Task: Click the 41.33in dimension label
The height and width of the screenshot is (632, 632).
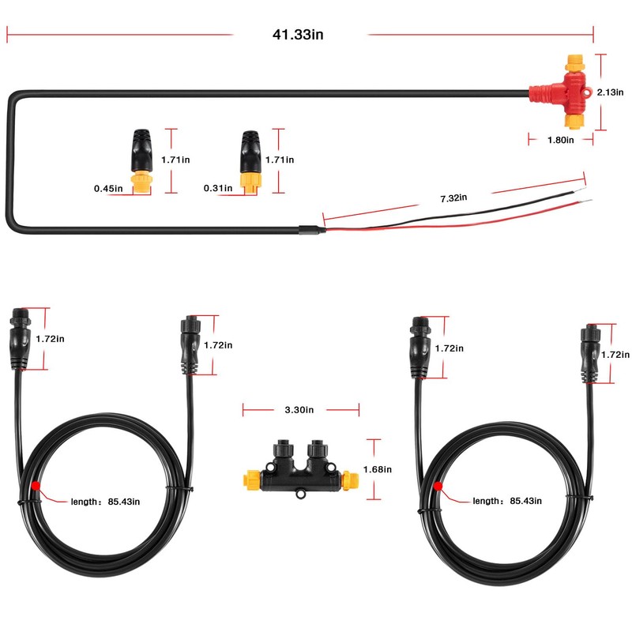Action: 298,34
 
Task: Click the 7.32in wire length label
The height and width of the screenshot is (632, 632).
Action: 453,197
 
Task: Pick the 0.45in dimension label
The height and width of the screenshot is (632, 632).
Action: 108,188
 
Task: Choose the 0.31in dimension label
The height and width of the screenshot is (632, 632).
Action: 217,188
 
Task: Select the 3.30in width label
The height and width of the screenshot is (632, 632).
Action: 299,410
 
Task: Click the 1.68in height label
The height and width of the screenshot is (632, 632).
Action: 377,469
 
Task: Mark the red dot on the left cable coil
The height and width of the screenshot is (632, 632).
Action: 36,486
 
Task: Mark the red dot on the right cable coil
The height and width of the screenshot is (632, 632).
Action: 437,486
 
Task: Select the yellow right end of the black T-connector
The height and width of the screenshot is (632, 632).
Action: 348,477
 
